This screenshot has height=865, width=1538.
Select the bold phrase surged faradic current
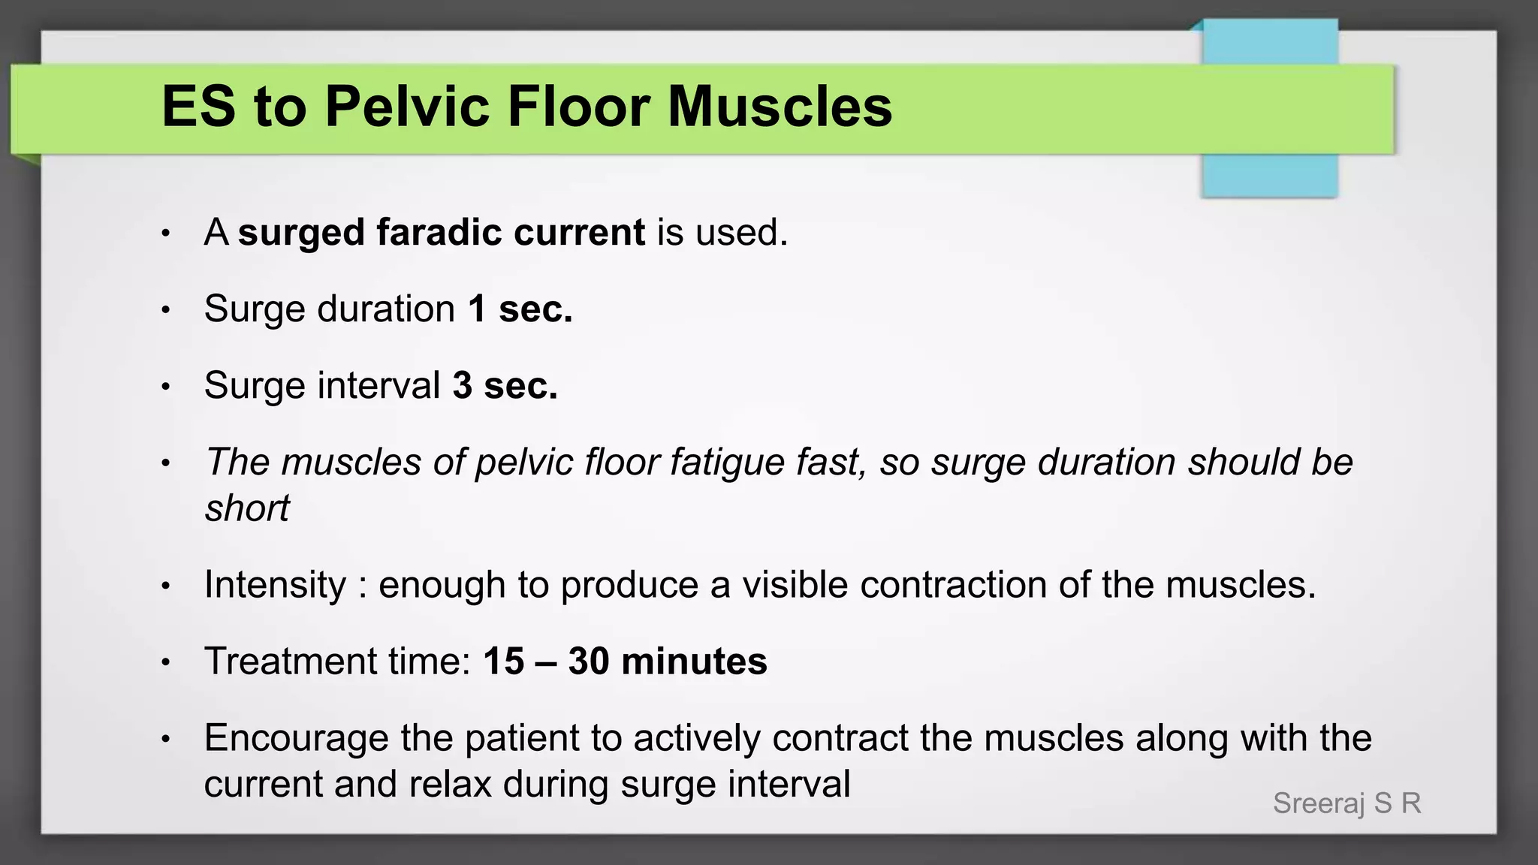tap(441, 232)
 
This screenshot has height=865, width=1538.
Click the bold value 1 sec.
tap(520, 309)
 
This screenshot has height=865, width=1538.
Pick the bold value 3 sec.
tap(505, 385)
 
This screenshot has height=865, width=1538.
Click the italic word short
tap(247, 508)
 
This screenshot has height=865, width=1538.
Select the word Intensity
tap(275, 585)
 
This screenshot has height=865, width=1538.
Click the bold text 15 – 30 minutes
tap(625, 662)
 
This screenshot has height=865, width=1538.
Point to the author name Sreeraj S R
tap(1347, 803)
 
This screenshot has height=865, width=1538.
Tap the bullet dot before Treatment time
tap(166, 663)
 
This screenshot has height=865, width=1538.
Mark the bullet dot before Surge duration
tap(166, 310)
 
